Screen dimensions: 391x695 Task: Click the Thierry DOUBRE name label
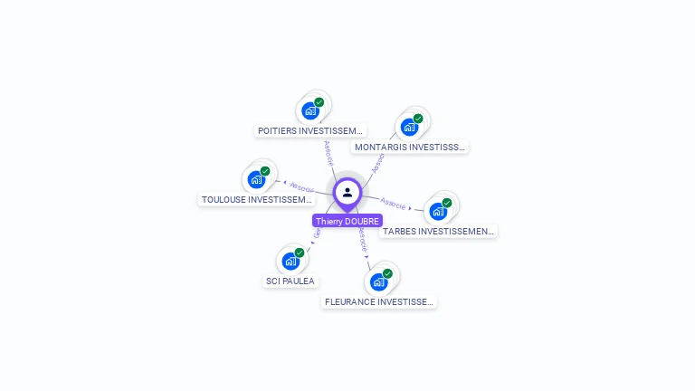[x=347, y=221]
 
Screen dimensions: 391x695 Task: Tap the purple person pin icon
[x=347, y=193]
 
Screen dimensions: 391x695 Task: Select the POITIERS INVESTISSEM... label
[x=310, y=130]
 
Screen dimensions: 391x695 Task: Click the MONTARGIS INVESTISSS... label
[x=410, y=147]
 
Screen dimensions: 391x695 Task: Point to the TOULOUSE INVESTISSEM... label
[x=256, y=199]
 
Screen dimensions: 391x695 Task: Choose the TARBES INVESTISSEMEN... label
[x=438, y=231]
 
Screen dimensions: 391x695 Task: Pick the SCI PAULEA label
[x=290, y=281]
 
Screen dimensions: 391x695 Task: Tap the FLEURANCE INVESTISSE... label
[x=379, y=301]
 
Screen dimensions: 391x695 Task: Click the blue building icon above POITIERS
[x=310, y=110]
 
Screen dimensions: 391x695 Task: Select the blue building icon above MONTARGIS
[x=409, y=127]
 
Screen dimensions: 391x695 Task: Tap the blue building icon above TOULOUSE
[x=256, y=179]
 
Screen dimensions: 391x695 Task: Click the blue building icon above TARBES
[x=438, y=211]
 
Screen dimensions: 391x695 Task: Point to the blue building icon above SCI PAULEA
[x=290, y=261]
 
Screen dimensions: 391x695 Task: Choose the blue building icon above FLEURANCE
[x=378, y=281]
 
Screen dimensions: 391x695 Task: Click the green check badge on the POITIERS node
[x=319, y=102]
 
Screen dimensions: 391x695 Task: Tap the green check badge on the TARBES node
[x=447, y=203]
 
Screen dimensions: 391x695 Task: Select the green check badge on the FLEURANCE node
[x=387, y=273]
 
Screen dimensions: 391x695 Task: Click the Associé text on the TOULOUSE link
[x=300, y=187]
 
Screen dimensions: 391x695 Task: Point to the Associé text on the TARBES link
[x=394, y=203]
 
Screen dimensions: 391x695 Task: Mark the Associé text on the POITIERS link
[x=328, y=151]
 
